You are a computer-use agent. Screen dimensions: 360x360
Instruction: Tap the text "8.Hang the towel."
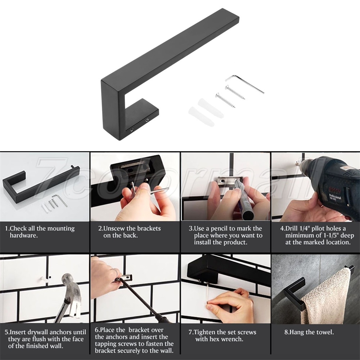[x=309, y=332]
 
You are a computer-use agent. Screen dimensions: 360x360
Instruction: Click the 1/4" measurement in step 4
[x=305, y=229]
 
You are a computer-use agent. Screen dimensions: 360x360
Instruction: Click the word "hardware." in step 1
[x=24, y=235]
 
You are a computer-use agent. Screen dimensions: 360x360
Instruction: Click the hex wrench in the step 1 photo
[x=60, y=200]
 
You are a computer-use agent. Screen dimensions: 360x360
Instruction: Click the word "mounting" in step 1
[x=60, y=229]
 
